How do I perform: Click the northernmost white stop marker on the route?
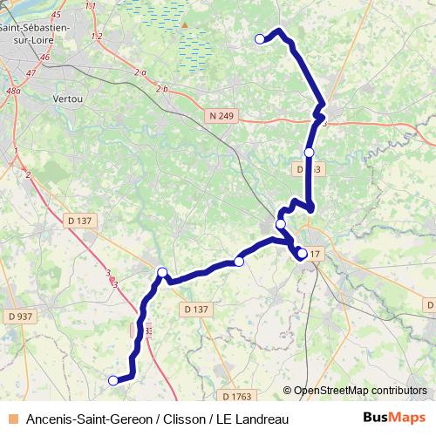259,38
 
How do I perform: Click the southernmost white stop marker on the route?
112,380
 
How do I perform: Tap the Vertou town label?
66,99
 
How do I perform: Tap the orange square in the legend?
13,419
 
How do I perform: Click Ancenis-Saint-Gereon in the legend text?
84,419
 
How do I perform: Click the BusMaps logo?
394,419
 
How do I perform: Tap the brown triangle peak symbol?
184,25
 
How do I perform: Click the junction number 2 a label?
141,72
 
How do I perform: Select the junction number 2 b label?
161,89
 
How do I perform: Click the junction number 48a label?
13,91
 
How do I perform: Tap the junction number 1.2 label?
96,36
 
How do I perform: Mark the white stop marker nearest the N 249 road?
309,153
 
